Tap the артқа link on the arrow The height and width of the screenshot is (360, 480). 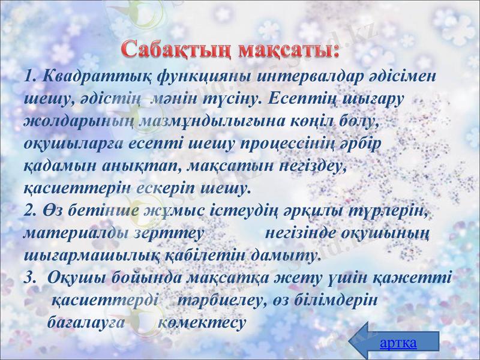click(398, 343)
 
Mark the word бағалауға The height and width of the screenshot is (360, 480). click(85, 322)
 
